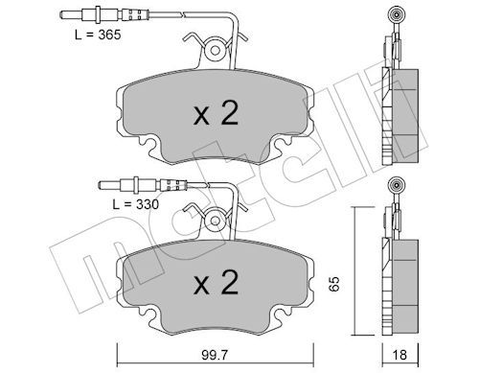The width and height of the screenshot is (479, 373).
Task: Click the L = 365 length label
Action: pos(98,35)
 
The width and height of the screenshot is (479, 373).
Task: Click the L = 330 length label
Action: pos(136,204)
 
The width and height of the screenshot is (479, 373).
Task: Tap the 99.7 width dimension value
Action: pos(216,355)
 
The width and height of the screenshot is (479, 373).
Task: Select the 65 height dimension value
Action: pos(334,283)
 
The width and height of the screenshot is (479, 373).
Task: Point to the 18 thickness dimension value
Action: pos(399,355)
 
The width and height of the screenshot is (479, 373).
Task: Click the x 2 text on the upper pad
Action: pos(216,113)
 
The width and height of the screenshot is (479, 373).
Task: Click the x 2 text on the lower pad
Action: pos(216,283)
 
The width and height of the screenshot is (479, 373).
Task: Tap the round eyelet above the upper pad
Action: pos(215,50)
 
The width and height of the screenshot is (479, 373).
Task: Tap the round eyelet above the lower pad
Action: pos(215,221)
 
